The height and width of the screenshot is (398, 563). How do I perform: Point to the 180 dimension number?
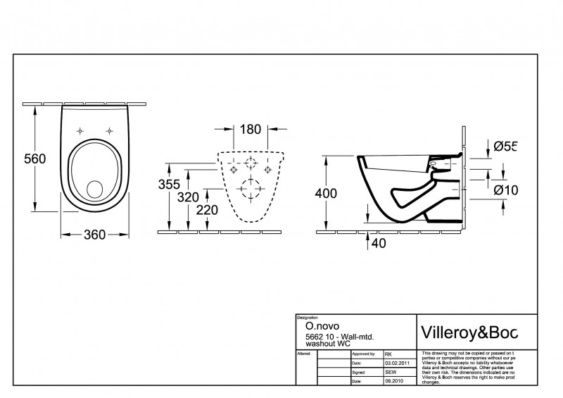click(x=250, y=129)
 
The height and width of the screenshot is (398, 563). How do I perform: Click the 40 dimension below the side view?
click(x=379, y=243)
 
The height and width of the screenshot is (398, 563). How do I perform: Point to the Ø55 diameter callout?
click(x=505, y=147)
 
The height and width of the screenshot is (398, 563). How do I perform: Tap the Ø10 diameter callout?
click(x=505, y=189)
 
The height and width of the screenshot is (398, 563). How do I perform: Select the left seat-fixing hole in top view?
click(x=80, y=130)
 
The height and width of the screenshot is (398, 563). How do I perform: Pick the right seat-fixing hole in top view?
click(x=110, y=130)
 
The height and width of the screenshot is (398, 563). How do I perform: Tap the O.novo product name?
click(x=318, y=327)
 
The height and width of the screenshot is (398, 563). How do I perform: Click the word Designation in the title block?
click(x=309, y=318)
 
